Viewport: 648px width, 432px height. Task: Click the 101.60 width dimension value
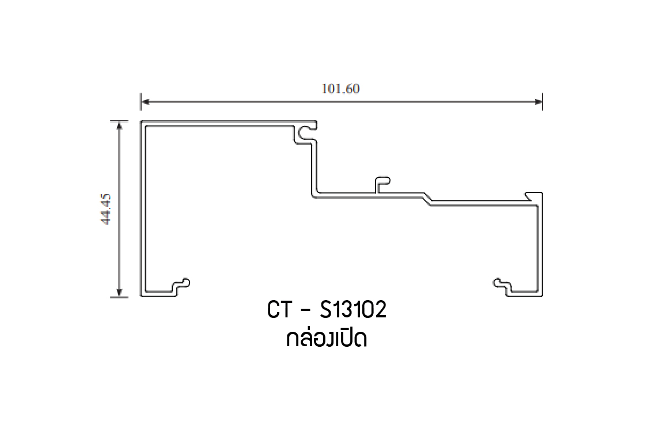341,89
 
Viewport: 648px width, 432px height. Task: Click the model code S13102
352,310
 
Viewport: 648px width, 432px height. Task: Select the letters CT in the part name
280,310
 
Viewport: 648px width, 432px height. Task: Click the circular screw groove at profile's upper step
305,131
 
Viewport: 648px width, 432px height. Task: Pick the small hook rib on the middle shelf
382,184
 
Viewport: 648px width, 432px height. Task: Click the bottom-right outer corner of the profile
543,296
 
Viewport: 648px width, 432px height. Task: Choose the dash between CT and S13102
305,312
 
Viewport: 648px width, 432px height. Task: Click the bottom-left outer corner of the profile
142,296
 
